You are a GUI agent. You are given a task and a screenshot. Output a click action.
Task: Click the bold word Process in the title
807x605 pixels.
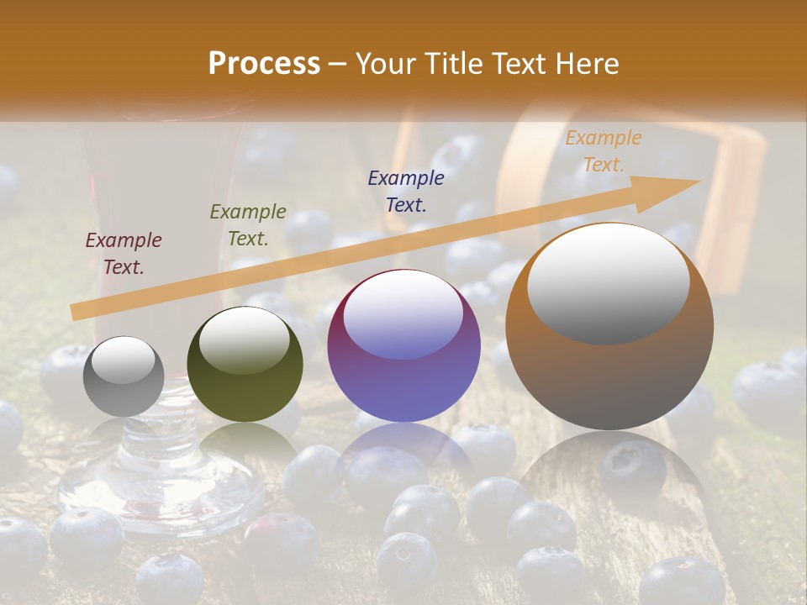[x=264, y=64]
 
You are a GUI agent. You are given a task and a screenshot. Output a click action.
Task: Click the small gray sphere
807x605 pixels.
[x=124, y=376]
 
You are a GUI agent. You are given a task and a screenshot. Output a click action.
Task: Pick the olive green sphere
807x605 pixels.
[x=245, y=365]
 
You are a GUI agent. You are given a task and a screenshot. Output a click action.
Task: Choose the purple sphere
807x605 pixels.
[x=403, y=346]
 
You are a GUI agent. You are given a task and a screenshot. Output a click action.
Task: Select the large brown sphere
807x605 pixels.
[x=609, y=327]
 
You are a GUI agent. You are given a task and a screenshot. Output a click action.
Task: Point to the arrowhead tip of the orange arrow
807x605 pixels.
[x=699, y=181]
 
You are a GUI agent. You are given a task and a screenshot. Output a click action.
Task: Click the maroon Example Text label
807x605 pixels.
[x=124, y=254]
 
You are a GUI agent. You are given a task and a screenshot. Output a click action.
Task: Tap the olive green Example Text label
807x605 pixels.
[x=248, y=225]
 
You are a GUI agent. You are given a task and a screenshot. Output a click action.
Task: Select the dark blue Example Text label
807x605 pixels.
[x=406, y=191]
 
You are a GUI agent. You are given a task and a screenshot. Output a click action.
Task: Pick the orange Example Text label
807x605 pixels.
[x=603, y=151]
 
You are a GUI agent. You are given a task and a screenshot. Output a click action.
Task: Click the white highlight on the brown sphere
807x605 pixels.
[x=608, y=283]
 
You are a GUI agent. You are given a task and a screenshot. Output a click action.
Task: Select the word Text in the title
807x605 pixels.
[x=519, y=64]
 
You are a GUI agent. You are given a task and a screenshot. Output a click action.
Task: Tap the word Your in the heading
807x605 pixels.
[x=388, y=64]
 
